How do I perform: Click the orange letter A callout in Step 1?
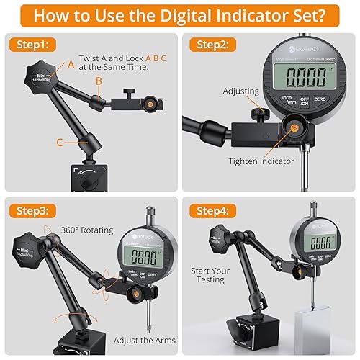[x=71, y=64]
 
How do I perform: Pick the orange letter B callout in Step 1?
[x=99, y=81]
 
